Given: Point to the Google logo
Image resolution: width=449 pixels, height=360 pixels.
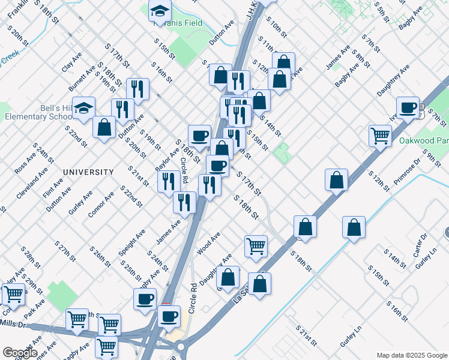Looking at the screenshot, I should pos(20,353).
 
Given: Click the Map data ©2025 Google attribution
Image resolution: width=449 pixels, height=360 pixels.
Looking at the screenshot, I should pos(411,355).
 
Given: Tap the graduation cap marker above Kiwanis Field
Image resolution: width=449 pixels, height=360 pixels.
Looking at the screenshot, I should pos(160,11).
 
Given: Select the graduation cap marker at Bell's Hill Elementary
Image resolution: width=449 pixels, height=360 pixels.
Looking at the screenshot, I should pos(83,108).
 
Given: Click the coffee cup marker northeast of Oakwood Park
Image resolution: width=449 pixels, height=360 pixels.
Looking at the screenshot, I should pos(408,107).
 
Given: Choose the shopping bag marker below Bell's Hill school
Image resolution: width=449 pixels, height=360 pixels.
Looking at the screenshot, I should pos(104,127).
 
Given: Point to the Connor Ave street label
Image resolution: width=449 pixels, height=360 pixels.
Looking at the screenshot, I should pos(100,206).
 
